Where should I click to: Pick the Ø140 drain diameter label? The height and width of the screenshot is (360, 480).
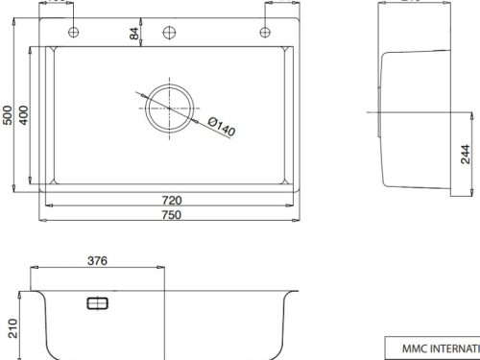click(x=222, y=126)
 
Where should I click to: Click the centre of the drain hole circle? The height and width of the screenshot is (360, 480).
click(x=169, y=108)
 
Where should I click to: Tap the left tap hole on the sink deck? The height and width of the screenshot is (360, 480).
click(x=74, y=32)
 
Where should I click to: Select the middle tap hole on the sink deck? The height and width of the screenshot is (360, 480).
click(x=169, y=32)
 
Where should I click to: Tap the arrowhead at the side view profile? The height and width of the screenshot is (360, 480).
click(x=377, y=115)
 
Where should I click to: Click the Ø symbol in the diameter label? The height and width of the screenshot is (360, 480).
click(x=211, y=121)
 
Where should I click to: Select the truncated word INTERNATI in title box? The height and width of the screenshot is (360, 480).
click(x=451, y=348)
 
